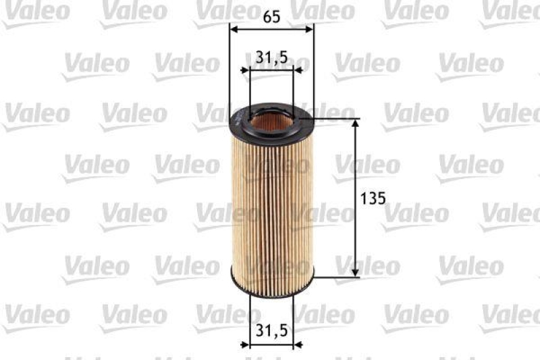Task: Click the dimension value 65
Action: [271, 18]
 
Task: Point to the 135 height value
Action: [373, 199]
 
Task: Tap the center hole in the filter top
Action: [272, 122]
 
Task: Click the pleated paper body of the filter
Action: [272, 203]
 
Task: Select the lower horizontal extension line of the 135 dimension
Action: [337, 277]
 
